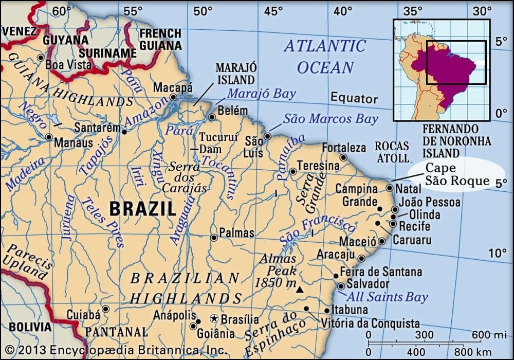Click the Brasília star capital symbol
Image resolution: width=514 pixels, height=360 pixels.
[215, 319]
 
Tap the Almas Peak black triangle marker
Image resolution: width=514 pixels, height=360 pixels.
[300, 290]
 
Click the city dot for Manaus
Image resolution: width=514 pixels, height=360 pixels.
[49, 137]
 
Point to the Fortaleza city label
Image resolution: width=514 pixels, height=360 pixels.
[344, 148]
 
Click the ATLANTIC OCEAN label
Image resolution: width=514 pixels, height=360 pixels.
[325, 57]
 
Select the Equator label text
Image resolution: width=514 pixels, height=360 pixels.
[354, 98]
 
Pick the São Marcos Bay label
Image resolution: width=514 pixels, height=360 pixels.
[331, 119]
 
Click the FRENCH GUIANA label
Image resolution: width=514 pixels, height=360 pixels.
[160, 39]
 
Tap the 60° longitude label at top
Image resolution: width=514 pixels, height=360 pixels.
[61, 11]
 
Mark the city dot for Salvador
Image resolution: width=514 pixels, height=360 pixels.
[341, 286]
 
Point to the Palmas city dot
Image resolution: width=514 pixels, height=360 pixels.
[214, 238]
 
